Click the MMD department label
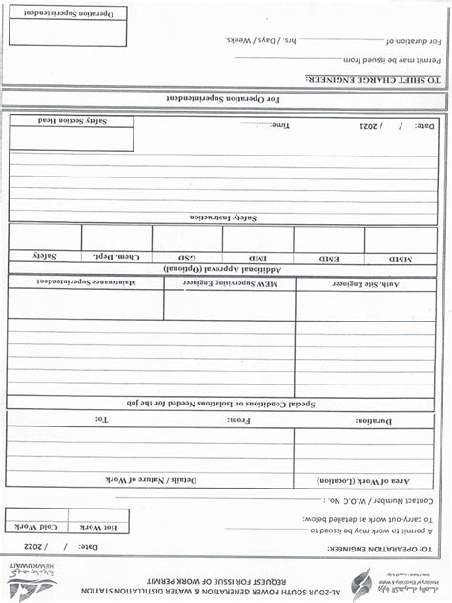(401, 259)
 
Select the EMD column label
(330, 259)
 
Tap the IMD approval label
(258, 259)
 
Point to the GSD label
(187, 258)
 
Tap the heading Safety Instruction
(224, 218)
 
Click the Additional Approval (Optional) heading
(223, 270)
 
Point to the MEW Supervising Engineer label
(229, 284)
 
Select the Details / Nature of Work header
(149, 479)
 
